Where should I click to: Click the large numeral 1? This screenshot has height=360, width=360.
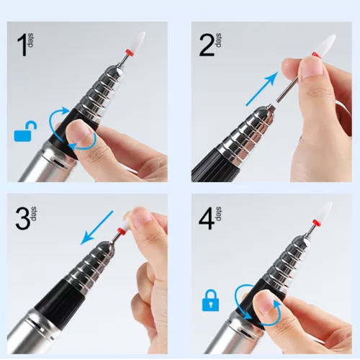22,45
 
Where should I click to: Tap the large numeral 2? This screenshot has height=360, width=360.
207,45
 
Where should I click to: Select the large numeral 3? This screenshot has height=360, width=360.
23,218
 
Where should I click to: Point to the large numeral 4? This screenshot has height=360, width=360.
207,218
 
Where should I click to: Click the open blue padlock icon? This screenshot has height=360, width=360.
25,131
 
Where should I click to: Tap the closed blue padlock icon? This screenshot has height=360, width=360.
210,300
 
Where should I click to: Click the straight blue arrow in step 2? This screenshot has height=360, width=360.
262,89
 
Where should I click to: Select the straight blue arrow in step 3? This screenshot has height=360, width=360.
96,228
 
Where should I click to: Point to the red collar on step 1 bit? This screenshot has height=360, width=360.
130,53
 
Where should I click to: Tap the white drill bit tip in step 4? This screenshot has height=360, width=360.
326,212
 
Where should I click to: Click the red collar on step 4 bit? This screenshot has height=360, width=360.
317,222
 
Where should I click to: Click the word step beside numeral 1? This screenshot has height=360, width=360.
31,40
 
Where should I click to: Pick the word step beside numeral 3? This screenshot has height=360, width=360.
34,214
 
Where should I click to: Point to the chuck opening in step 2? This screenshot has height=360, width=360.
271,106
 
